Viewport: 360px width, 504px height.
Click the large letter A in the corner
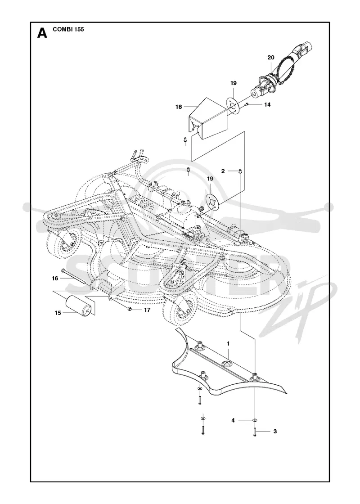pyautogui.click(x=42, y=33)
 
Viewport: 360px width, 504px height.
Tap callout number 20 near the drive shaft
pyautogui.click(x=271, y=58)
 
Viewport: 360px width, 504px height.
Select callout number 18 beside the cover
pyautogui.click(x=179, y=107)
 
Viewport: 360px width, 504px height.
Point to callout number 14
pyautogui.click(x=267, y=104)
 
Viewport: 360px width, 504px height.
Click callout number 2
pyautogui.click(x=223, y=171)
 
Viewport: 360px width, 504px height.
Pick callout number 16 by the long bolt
pyautogui.click(x=55, y=279)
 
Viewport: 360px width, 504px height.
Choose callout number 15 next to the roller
pyautogui.click(x=58, y=313)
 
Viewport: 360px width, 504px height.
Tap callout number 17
pyautogui.click(x=147, y=310)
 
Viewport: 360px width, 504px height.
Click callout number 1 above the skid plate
pyautogui.click(x=228, y=344)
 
